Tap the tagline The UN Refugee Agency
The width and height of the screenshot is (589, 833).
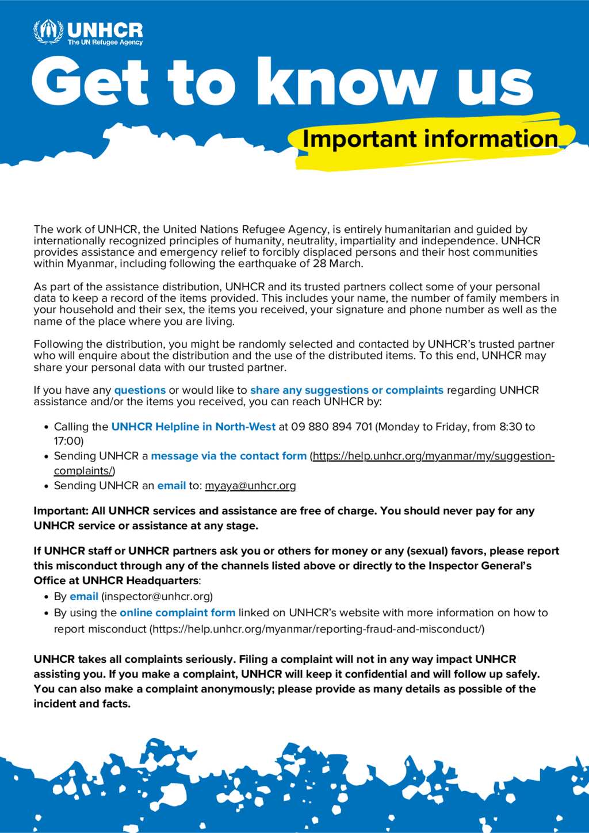(105, 43)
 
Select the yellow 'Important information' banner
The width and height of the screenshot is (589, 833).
(430, 140)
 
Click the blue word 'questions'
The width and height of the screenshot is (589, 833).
(140, 390)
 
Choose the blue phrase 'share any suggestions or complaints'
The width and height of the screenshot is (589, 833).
(347, 390)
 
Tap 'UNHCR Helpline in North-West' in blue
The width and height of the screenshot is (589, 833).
(193, 427)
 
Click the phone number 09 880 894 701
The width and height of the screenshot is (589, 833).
(332, 427)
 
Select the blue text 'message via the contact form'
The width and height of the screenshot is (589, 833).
(228, 456)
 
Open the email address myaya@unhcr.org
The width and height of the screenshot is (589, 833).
(250, 486)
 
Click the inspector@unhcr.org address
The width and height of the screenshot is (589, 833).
(157, 597)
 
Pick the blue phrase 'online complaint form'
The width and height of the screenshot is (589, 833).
(177, 613)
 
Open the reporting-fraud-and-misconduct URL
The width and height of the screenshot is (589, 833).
(317, 629)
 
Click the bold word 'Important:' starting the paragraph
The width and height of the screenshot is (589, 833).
(60, 511)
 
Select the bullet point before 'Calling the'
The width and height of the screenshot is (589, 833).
(46, 428)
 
